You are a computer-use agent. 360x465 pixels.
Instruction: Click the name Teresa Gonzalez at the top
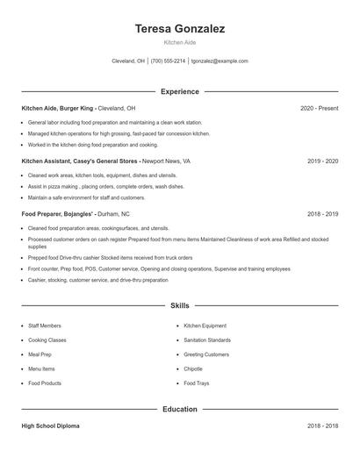(x=179, y=29)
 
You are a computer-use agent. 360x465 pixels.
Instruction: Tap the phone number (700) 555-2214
(x=168, y=61)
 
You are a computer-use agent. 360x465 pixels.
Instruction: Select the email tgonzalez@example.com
(x=220, y=61)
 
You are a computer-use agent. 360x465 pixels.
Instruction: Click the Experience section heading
(x=179, y=91)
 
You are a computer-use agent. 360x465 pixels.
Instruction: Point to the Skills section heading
(x=179, y=306)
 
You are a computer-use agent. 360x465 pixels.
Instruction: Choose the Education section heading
(x=179, y=409)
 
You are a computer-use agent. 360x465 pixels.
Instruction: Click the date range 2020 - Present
(x=319, y=108)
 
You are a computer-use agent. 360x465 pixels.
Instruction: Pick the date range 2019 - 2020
(x=322, y=161)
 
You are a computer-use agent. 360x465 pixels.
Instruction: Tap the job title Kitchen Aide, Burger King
(x=57, y=108)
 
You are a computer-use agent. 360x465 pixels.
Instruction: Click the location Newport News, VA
(x=165, y=161)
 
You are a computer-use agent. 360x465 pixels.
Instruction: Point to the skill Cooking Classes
(x=47, y=340)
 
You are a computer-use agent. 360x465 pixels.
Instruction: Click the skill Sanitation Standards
(x=207, y=340)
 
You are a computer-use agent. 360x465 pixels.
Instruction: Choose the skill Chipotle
(x=193, y=368)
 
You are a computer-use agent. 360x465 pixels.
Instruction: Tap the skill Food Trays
(x=196, y=383)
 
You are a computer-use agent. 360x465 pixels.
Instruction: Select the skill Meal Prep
(x=40, y=354)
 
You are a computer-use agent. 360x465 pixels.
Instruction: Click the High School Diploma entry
(x=50, y=426)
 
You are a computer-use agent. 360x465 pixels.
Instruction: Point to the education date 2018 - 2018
(x=322, y=426)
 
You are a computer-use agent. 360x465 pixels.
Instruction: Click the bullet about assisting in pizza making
(x=105, y=186)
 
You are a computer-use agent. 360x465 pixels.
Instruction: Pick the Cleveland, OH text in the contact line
(x=128, y=61)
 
